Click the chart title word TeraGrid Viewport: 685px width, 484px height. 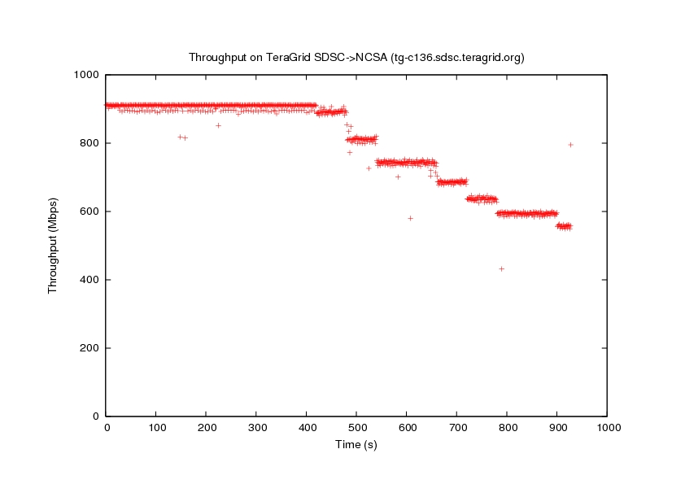pyautogui.click(x=288, y=58)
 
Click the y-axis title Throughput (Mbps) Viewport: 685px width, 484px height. pyautogui.click(x=54, y=245)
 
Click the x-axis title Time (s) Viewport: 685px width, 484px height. pyautogui.click(x=356, y=444)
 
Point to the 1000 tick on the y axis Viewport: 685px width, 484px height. pyautogui.click(x=85, y=75)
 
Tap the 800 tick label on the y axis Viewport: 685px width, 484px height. pyautogui.click(x=89, y=143)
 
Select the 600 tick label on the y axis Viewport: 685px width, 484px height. pyautogui.click(x=89, y=211)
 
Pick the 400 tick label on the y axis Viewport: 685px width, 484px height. pyautogui.click(x=89, y=280)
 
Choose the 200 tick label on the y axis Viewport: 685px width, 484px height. pyautogui.click(x=89, y=348)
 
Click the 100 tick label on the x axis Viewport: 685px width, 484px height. pyautogui.click(x=156, y=427)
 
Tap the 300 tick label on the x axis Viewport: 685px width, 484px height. pyautogui.click(x=256, y=427)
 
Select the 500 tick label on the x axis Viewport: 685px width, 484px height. pyautogui.click(x=356, y=427)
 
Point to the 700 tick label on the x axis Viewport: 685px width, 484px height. pyautogui.click(x=456, y=427)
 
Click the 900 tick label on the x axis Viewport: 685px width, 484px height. pyautogui.click(x=556, y=427)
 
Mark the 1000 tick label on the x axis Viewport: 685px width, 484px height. pyautogui.click(x=607, y=427)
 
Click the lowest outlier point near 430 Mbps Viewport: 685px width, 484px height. pyautogui.click(x=502, y=268)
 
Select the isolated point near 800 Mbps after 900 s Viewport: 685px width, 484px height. pyautogui.click(x=570, y=145)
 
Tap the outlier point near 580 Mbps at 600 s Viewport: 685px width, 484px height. pyautogui.click(x=410, y=218)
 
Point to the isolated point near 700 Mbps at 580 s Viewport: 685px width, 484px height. pyautogui.click(x=398, y=177)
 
